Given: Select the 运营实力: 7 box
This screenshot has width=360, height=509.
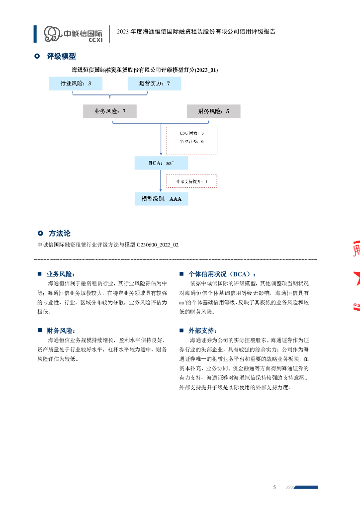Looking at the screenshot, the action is click(x=154, y=84).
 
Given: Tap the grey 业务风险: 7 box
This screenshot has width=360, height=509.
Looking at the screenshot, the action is click(x=109, y=111).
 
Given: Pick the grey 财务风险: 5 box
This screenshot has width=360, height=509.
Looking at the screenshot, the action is click(x=213, y=111).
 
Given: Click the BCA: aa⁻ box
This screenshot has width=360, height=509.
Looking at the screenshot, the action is click(x=161, y=163).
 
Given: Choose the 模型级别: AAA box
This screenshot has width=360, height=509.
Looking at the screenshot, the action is click(x=161, y=199).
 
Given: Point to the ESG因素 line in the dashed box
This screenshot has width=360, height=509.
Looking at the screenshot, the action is click(x=191, y=133).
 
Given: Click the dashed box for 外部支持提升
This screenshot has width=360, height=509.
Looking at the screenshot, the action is click(x=191, y=181).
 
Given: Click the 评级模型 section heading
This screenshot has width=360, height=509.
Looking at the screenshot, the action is click(x=61, y=57).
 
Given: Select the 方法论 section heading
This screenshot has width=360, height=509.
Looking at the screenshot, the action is click(x=60, y=233).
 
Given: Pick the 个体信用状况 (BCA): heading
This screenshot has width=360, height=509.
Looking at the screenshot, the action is click(x=222, y=274).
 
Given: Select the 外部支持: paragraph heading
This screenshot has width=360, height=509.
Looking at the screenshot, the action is click(x=203, y=331).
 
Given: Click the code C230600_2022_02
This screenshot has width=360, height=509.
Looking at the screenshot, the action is click(x=158, y=245).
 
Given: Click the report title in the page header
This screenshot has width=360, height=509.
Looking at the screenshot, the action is click(x=196, y=31).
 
